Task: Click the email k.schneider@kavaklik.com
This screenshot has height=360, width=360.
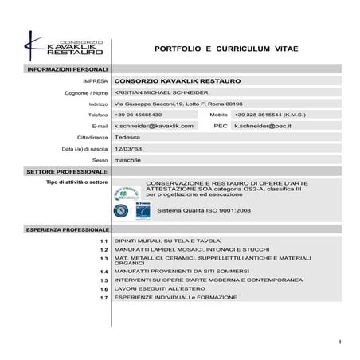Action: point(154,126)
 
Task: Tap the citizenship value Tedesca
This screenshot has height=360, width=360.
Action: point(127,137)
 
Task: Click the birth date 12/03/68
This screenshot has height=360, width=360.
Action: point(129,148)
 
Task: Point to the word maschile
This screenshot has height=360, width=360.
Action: point(127,159)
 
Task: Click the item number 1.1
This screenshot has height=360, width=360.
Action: point(104,241)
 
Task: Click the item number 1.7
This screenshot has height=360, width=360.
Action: point(104,298)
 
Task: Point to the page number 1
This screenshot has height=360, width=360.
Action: point(339,342)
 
